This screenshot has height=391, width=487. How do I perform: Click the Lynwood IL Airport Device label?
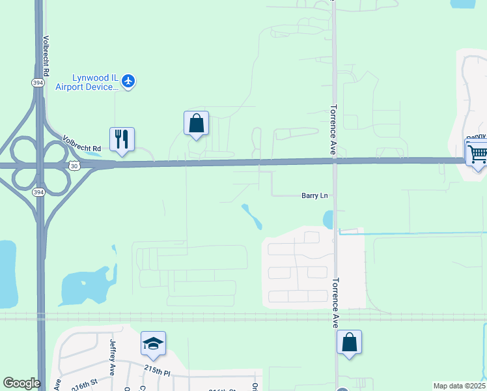click(x=87, y=81)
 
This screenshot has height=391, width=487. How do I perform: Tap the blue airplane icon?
click(x=128, y=81)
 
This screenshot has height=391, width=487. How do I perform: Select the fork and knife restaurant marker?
click(x=122, y=139)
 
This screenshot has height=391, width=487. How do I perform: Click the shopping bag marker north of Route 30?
click(x=196, y=123)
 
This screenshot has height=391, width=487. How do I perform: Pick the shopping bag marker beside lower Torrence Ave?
click(x=349, y=342)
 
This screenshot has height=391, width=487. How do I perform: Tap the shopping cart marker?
click(x=477, y=154)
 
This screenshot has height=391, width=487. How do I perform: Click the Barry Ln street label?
click(x=314, y=195)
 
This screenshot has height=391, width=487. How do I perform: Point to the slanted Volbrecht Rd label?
click(x=83, y=144)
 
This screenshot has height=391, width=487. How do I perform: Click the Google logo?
click(x=21, y=383)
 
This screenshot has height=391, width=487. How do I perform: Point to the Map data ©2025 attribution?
click(x=459, y=386)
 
